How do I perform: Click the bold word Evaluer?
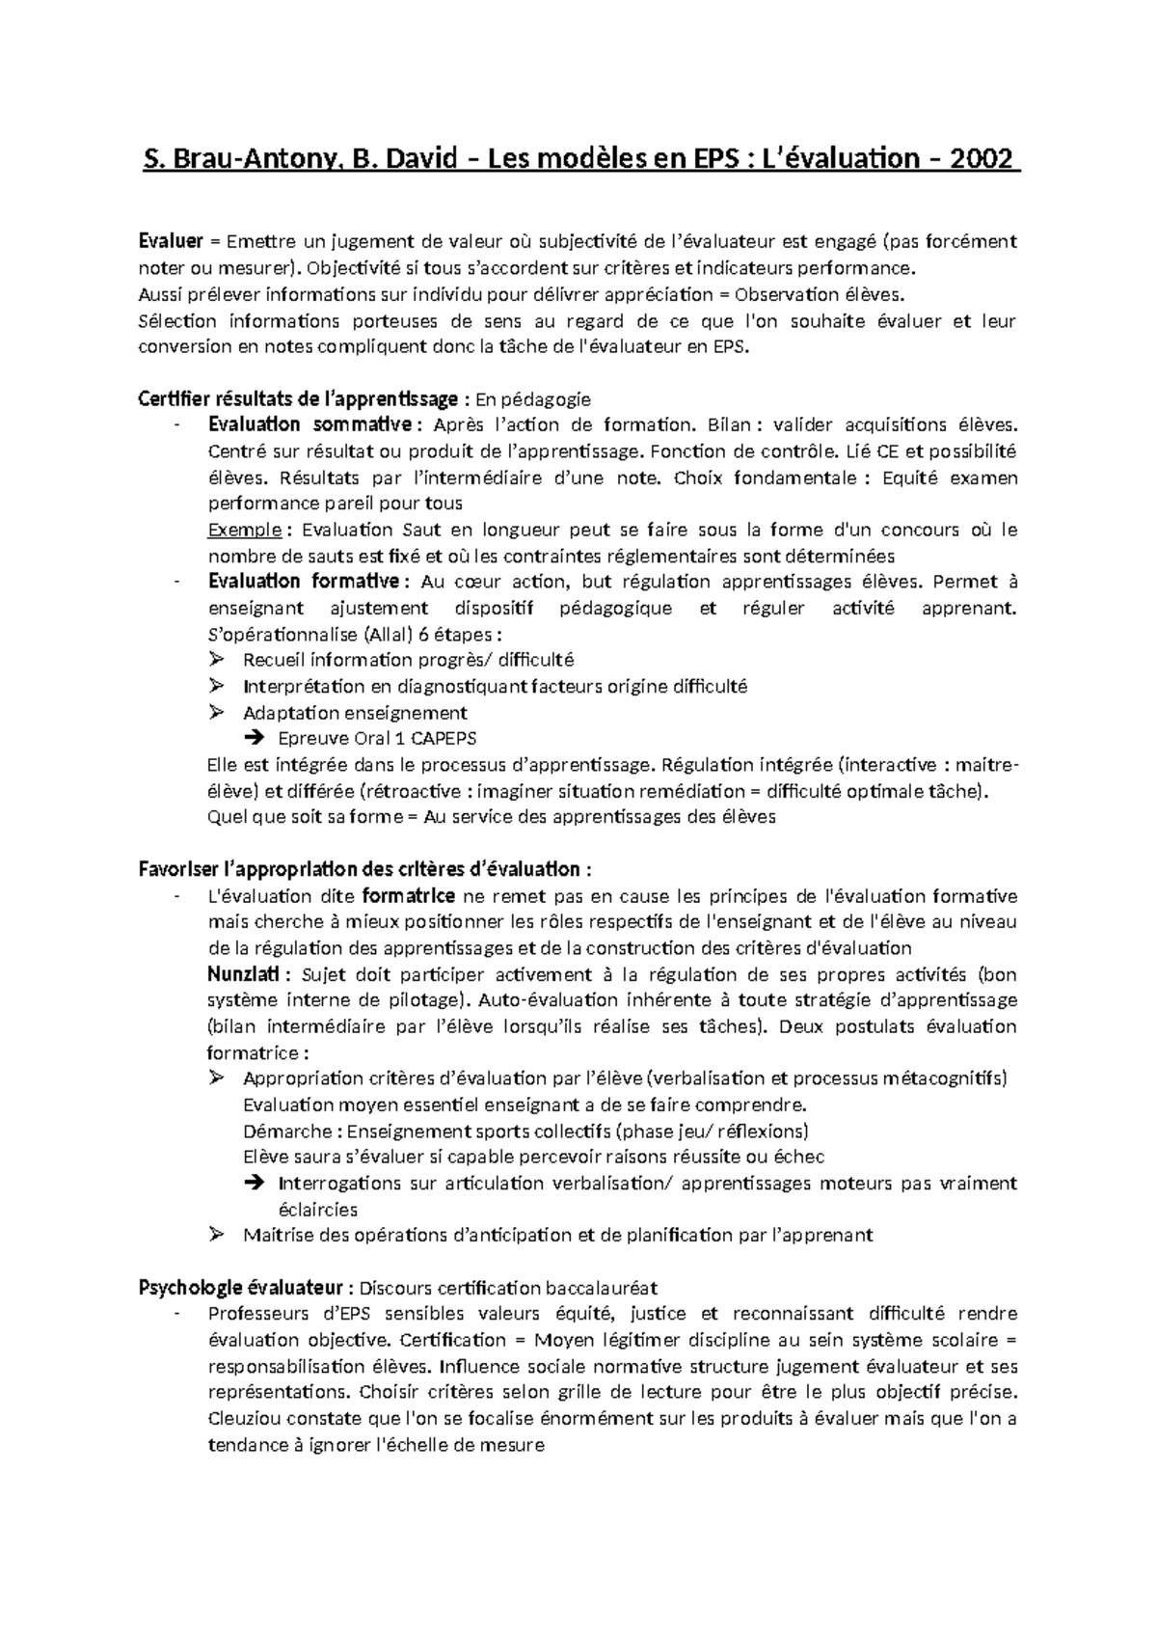click(x=171, y=241)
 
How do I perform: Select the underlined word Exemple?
click(x=245, y=530)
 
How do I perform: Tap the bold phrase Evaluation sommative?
click(x=309, y=424)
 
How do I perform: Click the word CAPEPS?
click(x=443, y=739)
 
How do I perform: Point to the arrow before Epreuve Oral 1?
click(x=255, y=739)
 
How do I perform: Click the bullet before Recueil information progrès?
click(x=216, y=660)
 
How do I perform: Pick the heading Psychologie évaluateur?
click(x=241, y=1287)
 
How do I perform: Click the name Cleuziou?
click(x=247, y=1418)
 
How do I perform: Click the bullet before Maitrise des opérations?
click(x=216, y=1234)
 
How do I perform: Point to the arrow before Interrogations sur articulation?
click(x=255, y=1183)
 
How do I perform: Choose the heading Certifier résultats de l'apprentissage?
click(x=299, y=398)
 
